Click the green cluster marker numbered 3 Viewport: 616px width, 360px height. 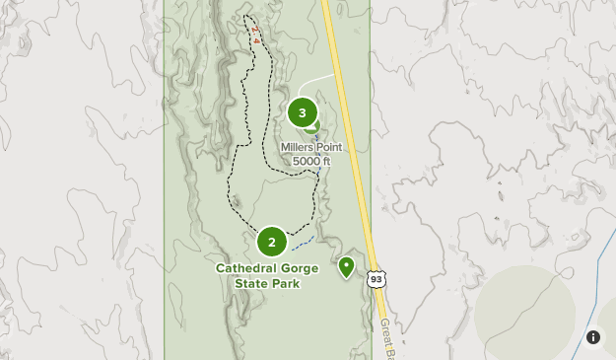click(x=302, y=112)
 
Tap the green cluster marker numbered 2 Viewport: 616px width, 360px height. click(x=272, y=242)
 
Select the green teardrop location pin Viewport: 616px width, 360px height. click(x=346, y=266)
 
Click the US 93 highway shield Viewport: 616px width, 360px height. click(x=376, y=279)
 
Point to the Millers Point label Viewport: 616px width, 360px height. click(x=311, y=148)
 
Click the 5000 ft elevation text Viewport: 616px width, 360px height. click(x=311, y=161)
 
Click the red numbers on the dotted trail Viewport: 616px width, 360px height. click(x=254, y=35)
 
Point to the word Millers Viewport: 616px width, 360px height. click(x=297, y=148)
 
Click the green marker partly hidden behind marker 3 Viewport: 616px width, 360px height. click(x=313, y=126)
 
